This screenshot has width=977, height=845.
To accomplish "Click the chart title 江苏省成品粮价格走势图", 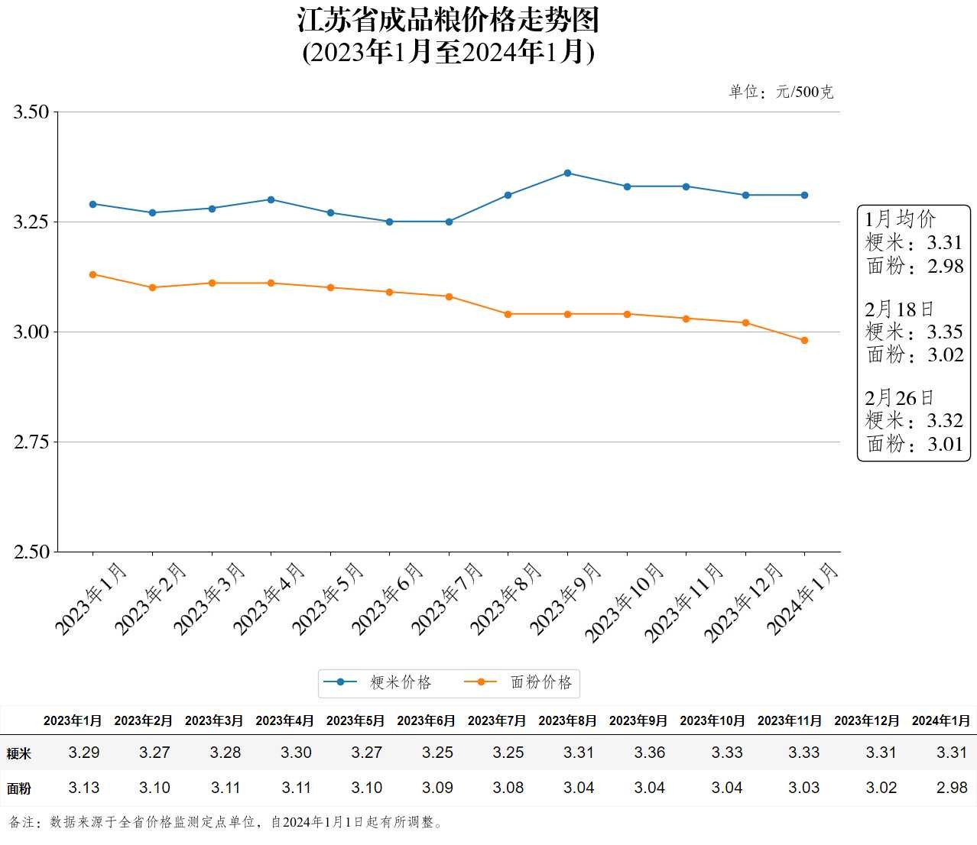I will [x=448, y=21].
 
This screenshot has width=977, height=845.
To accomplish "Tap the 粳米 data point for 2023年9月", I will [x=567, y=173].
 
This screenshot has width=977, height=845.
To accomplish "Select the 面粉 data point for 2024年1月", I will [x=804, y=341].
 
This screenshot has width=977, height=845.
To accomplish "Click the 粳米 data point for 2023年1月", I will [x=93, y=204].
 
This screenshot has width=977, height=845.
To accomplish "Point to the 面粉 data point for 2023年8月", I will [x=508, y=314].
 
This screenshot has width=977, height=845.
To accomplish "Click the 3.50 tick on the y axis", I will [x=31, y=112].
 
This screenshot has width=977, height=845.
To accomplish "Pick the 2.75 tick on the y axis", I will [x=31, y=442].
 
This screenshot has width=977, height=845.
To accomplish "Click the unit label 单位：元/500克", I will [x=781, y=92].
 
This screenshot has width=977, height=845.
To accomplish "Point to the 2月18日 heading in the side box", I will [x=899, y=309].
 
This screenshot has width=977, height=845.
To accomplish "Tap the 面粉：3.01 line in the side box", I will [x=914, y=444].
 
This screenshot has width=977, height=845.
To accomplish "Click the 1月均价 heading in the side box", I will [x=900, y=219].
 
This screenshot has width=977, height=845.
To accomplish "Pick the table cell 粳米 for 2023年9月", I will [x=649, y=753].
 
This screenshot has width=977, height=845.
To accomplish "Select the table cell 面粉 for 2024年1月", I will [x=952, y=788].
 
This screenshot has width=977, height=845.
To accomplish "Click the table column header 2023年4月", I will [x=284, y=720].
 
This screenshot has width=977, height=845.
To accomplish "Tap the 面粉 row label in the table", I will [x=19, y=788].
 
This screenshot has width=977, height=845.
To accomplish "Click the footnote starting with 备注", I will [x=226, y=823].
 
